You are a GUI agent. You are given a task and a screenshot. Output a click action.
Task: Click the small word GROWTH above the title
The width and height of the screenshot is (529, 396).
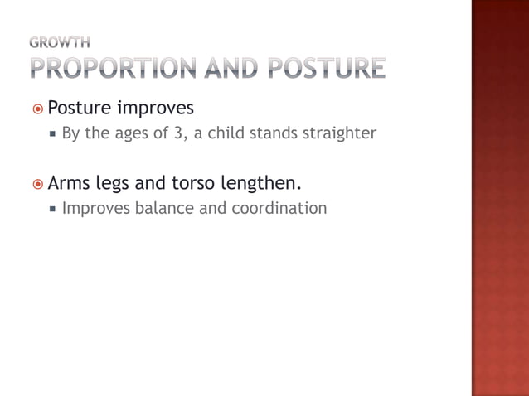(x=61, y=41)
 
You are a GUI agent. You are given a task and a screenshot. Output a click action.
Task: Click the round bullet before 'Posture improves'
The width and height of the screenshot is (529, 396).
(x=38, y=109)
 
